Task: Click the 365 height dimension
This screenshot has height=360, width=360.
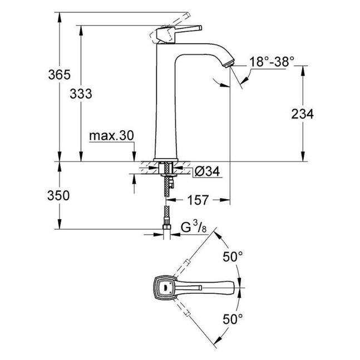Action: pyautogui.click(x=59, y=75)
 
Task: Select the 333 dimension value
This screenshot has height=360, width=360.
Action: pyautogui.click(x=81, y=93)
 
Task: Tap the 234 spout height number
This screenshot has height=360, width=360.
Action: pyautogui.click(x=302, y=114)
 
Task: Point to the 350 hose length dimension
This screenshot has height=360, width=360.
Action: pyautogui.click(x=58, y=196)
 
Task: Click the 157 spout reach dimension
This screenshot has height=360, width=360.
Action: pyautogui.click(x=198, y=200)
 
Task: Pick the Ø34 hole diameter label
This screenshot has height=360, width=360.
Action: pyautogui.click(x=207, y=171)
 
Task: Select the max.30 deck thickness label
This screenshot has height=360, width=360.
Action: pyautogui.click(x=111, y=136)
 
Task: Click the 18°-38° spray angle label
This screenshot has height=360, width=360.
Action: pyautogui.click(x=272, y=62)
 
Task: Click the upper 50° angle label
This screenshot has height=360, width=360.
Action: pyautogui.click(x=233, y=257)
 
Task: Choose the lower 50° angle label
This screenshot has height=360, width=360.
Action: pyautogui.click(x=233, y=319)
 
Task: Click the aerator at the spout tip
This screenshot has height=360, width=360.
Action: pyautogui.click(x=230, y=63)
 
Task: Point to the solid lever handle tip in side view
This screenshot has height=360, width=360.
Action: pyautogui.click(x=200, y=28)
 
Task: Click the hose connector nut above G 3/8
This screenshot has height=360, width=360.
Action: pyautogui.click(x=167, y=228)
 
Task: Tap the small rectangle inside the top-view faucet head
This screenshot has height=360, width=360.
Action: pyautogui.click(x=166, y=287)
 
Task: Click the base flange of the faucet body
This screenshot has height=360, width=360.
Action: pyautogui.click(x=166, y=160)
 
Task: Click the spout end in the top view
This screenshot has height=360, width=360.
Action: pyautogui.click(x=233, y=287)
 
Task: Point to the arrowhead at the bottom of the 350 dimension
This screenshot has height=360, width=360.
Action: pyautogui.click(x=60, y=224)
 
